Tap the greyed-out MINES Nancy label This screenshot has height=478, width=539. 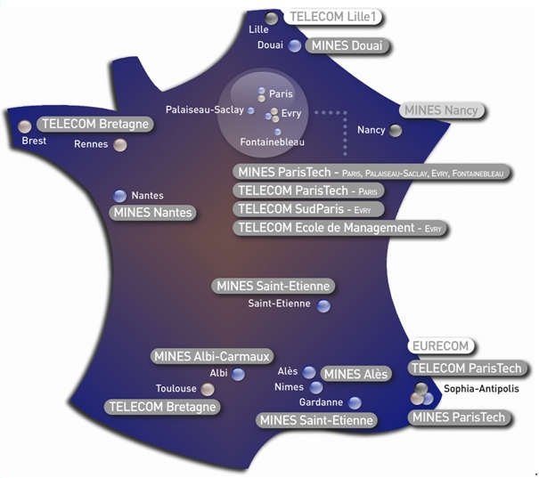(x=440, y=110)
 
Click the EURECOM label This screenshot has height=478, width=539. (x=439, y=346)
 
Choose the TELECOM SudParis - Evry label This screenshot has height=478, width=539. (x=308, y=209)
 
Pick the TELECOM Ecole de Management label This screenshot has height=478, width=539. (x=340, y=228)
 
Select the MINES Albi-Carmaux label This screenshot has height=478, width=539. (x=211, y=356)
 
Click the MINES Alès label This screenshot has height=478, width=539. (x=355, y=374)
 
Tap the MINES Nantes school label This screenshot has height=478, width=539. (x=152, y=213)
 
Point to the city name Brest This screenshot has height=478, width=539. (x=34, y=141)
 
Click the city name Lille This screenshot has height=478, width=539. (x=258, y=29)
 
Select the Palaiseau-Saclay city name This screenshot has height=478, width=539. (x=204, y=109)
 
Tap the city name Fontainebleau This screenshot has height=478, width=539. (x=272, y=142)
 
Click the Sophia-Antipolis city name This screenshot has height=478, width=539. (x=481, y=389)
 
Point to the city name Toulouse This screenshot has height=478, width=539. (x=176, y=389)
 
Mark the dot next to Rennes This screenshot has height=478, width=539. (x=120, y=145)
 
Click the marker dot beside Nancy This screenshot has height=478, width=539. (x=396, y=131)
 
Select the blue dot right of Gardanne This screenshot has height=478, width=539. (x=355, y=403)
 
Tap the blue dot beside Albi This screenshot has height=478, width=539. (x=238, y=374)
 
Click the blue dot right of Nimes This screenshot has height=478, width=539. (x=316, y=387)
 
